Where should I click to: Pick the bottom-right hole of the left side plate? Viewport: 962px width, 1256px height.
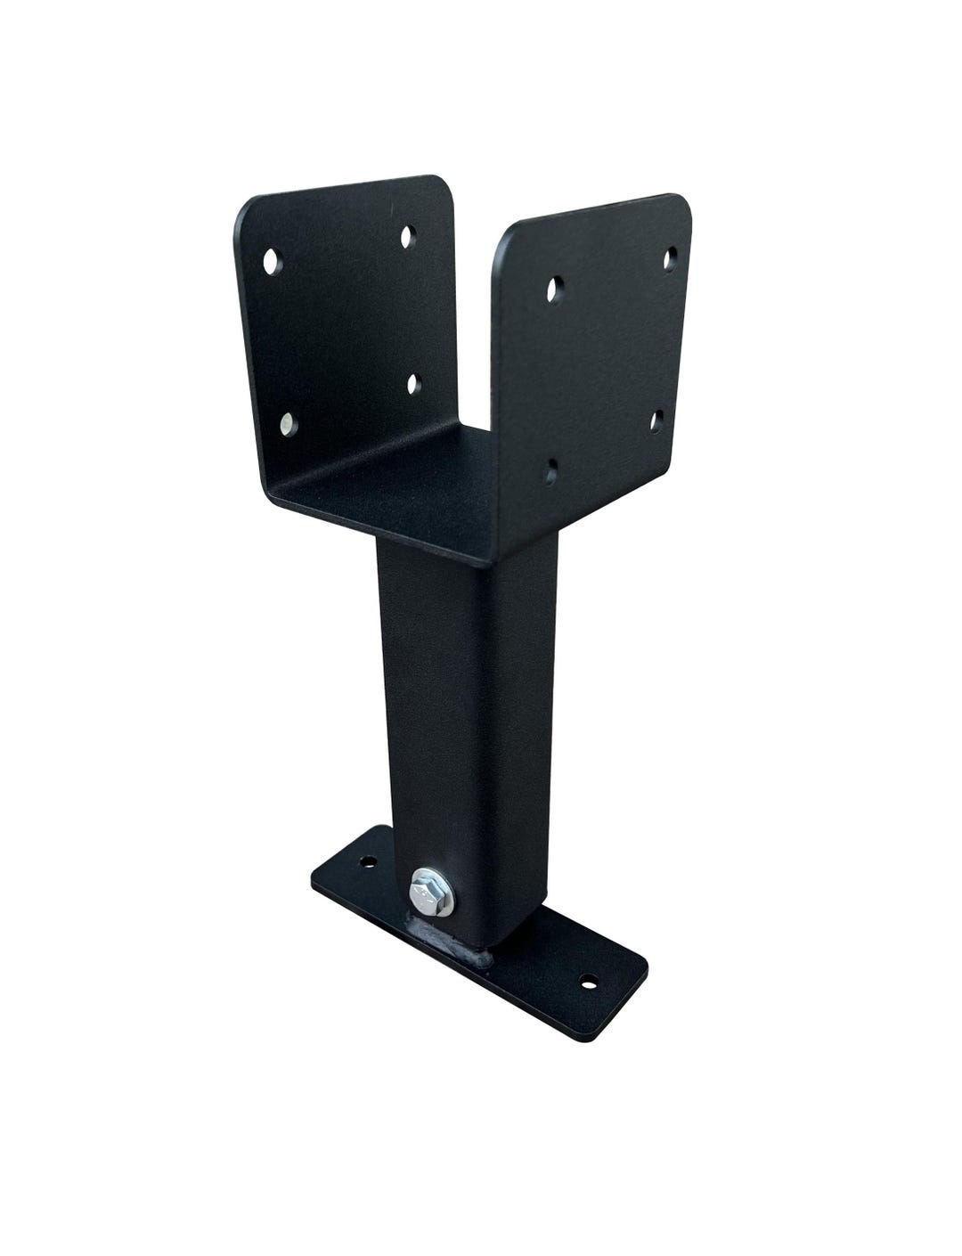[x=413, y=383]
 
